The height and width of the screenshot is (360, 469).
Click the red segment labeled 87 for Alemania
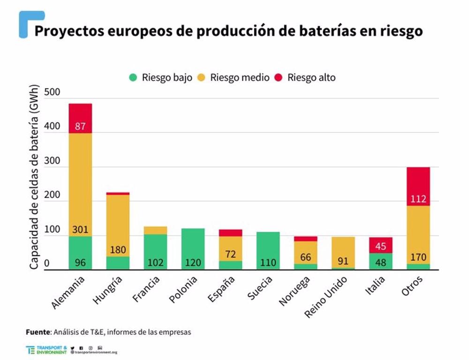(80, 118)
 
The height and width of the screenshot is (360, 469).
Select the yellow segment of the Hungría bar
(118, 225)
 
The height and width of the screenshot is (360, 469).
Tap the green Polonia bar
(193, 249)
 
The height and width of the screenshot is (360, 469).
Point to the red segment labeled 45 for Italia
(380, 245)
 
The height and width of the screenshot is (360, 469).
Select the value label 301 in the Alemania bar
(80, 230)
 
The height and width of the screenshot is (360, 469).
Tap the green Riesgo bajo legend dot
(133, 78)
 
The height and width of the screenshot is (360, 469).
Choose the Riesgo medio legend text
(240, 78)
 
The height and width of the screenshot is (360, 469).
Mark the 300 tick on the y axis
(53, 161)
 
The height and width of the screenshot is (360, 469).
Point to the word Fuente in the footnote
(38, 332)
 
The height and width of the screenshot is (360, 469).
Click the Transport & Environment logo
(47, 350)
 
